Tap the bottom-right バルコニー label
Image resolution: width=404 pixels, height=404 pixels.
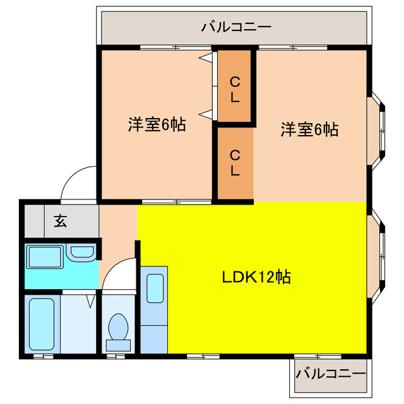[330, 373]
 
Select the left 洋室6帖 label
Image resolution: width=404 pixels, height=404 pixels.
[157, 125]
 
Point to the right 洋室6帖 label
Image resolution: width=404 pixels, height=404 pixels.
[309, 130]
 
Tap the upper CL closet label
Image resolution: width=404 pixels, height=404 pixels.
[234, 89]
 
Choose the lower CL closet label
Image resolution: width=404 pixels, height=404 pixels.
[234, 162]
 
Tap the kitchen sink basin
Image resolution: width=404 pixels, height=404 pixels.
[154, 287]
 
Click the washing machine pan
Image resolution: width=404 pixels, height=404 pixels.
[44, 258]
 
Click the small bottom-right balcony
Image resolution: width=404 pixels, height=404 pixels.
[330, 376]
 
